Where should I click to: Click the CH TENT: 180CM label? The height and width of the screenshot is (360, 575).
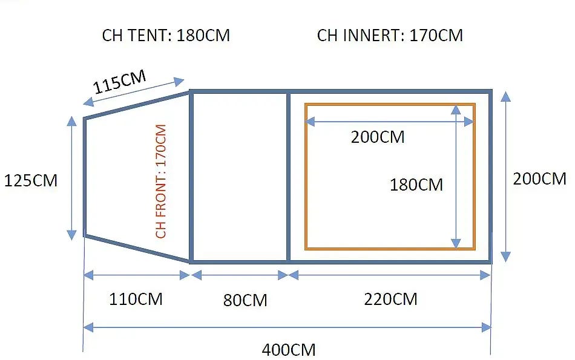point(166,36)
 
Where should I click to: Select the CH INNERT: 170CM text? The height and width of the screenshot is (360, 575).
point(390,36)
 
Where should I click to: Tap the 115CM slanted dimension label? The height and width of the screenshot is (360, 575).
point(120,82)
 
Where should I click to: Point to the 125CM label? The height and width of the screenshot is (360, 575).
point(31,181)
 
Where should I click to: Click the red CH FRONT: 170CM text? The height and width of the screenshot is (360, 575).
point(161,182)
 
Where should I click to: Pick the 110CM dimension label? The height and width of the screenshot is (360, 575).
point(136,299)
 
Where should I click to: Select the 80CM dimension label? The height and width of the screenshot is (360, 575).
point(245,300)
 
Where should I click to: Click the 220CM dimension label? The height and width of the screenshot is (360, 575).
point(390,299)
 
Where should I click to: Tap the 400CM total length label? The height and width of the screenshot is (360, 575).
point(289,350)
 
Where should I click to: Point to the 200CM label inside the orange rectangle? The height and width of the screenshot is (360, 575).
point(378,137)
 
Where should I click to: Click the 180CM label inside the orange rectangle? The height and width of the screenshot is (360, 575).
point(416,185)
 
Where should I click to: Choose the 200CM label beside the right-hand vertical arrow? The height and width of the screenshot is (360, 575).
point(539,179)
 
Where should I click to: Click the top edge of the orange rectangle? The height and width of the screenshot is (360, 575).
point(390,105)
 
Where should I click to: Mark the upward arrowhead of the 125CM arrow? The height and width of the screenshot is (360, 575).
point(72,121)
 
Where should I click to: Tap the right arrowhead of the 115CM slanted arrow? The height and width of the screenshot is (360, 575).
point(179,82)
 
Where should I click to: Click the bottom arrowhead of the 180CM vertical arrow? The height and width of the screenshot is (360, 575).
point(456,243)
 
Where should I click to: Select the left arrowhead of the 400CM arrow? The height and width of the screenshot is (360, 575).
point(88,327)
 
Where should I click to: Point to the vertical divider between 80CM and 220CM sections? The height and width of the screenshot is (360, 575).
point(288,177)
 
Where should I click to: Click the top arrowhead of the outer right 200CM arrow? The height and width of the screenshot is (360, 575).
point(505,96)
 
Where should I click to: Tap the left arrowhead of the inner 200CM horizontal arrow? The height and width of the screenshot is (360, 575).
point(310,122)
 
